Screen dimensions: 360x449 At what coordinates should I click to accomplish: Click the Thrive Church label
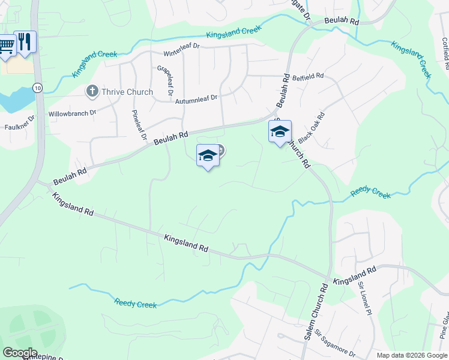pos(127,92)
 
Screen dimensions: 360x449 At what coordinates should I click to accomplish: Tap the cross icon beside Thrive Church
pos(92,91)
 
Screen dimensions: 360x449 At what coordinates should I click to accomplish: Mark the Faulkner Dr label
pos(19,122)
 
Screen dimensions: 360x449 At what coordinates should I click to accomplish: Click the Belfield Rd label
pos(308,76)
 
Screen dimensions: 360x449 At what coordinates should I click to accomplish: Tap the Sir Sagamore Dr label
pos(336,345)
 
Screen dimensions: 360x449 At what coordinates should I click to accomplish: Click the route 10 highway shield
pos(38,88)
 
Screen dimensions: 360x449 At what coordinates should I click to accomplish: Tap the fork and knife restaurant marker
pos(25,42)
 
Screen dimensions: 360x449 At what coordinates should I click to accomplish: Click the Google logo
pos(19,353)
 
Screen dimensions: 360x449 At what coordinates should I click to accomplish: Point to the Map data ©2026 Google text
pos(411,355)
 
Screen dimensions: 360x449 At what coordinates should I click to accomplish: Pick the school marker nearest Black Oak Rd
pos(280,132)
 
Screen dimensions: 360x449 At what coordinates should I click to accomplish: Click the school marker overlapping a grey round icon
pos(208,156)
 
